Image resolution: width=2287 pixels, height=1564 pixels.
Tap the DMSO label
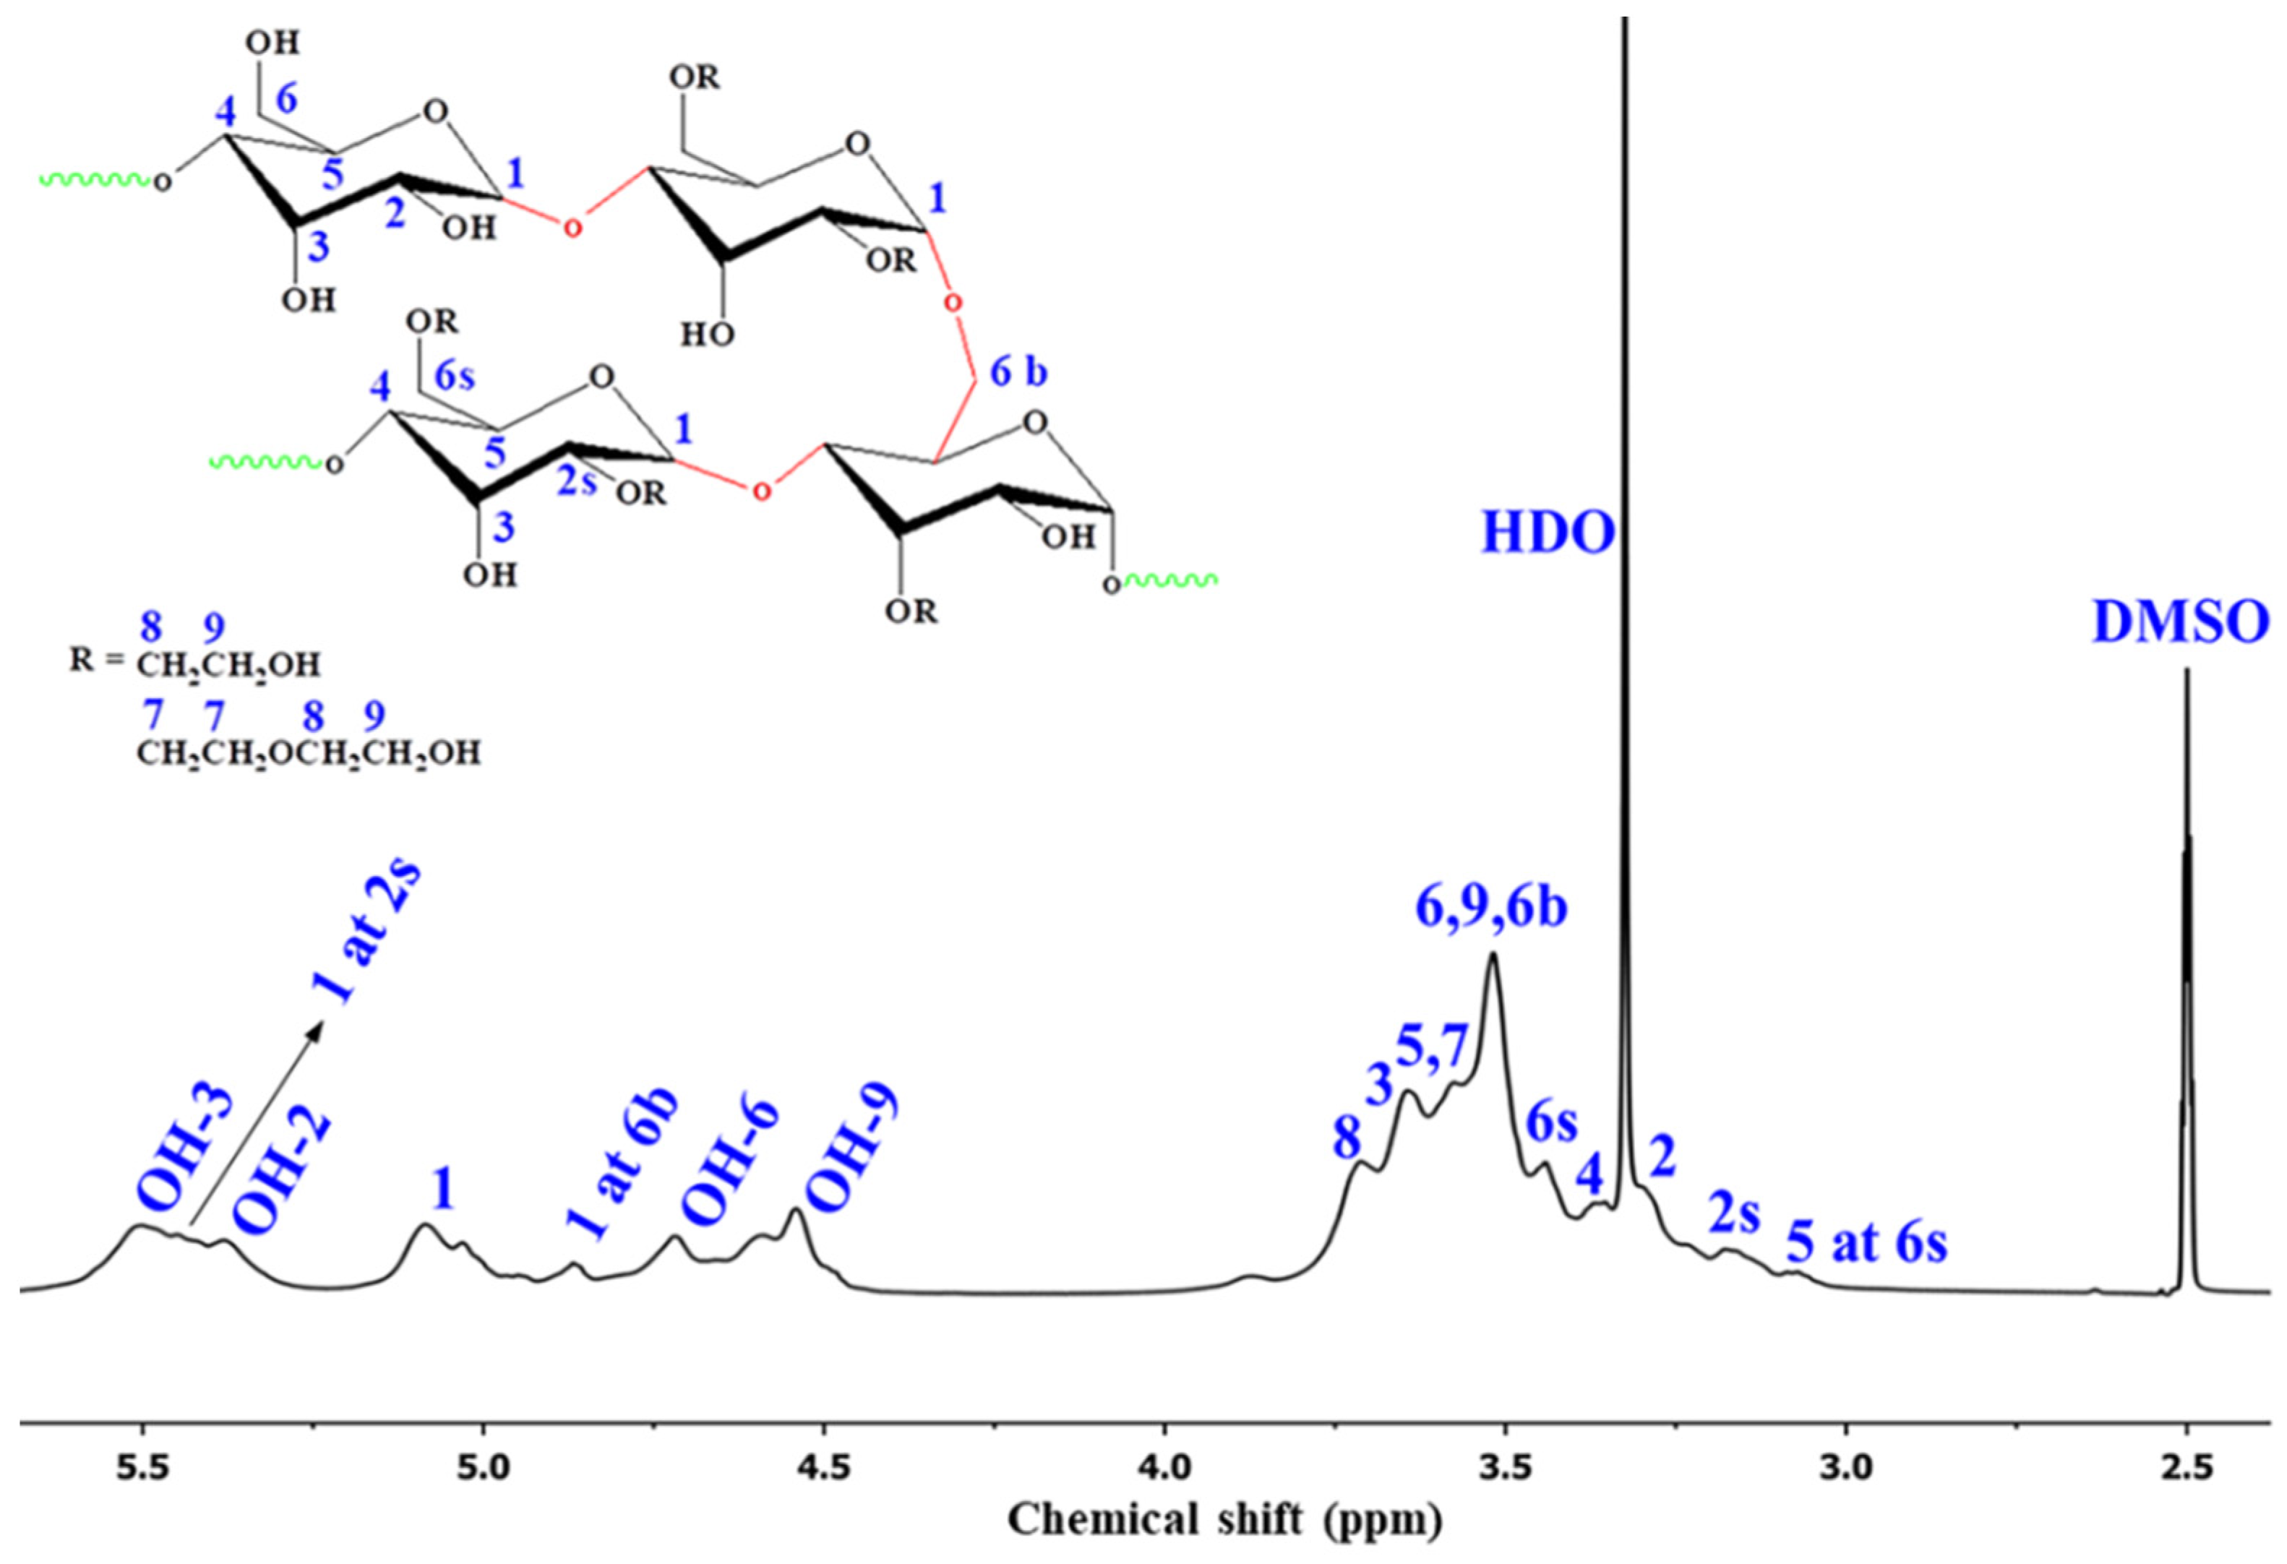2181,622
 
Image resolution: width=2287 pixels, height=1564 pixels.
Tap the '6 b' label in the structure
1018,372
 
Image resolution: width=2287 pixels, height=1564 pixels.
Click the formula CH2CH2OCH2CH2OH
308,754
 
